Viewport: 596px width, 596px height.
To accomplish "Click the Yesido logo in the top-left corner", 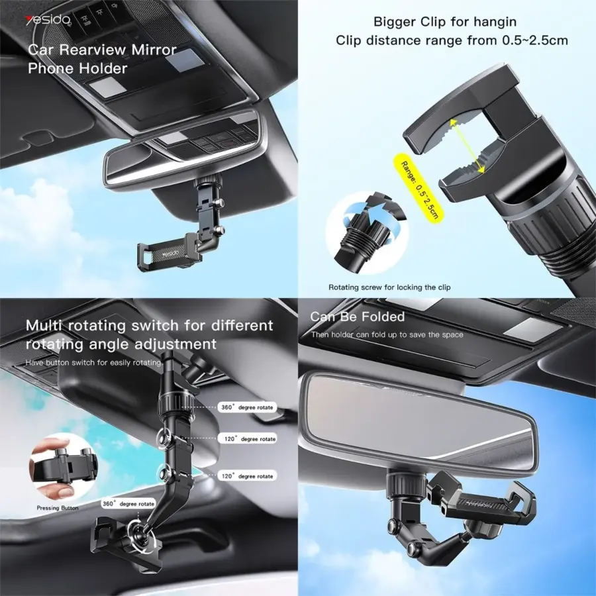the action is tap(48, 20).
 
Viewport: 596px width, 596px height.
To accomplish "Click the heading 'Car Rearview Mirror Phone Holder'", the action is tap(102, 60).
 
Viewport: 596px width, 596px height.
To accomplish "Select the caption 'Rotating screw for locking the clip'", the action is tap(389, 287).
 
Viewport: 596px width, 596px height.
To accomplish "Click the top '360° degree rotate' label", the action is tap(247, 407).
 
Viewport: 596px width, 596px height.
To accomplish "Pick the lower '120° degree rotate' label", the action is tap(247, 476).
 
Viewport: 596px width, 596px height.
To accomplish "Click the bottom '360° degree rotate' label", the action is tap(128, 504).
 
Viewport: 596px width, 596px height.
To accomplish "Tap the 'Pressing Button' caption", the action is tap(58, 508).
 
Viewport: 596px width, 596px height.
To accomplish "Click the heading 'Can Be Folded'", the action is tap(358, 317).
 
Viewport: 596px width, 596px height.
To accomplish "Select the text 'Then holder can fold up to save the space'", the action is tap(387, 335).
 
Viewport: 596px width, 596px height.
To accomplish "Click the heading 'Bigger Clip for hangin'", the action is tap(445, 22).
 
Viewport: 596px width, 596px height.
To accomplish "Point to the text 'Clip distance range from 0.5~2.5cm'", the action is tap(452, 40).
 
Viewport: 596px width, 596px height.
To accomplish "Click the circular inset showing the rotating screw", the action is tap(368, 232).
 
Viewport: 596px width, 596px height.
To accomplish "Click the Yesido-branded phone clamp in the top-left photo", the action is tap(168, 252).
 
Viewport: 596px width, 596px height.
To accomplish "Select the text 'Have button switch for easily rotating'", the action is tap(94, 363).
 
